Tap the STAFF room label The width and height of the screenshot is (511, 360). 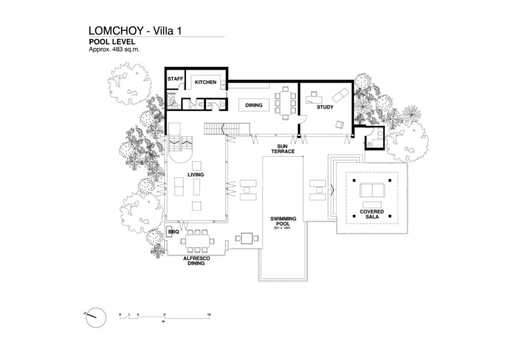(x=175, y=79)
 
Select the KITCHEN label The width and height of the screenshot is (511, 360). (x=205, y=82)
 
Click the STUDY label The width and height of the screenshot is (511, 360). (x=324, y=107)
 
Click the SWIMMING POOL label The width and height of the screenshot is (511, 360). (x=283, y=221)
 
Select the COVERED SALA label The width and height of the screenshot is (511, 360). (x=372, y=214)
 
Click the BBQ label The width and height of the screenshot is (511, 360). (x=173, y=231)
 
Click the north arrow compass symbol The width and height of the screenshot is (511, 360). (x=96, y=317)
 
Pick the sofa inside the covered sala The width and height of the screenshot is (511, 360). (x=372, y=190)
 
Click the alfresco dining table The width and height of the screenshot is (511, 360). (x=198, y=241)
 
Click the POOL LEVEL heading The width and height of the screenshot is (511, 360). (x=111, y=42)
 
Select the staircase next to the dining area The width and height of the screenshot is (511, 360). (x=215, y=129)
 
